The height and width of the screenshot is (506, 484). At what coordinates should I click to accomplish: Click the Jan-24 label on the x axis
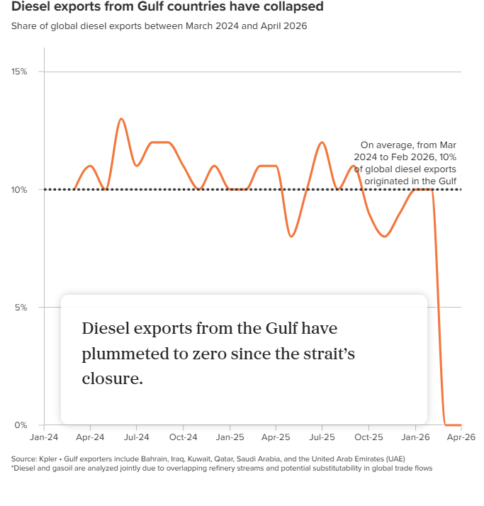[x=44, y=438]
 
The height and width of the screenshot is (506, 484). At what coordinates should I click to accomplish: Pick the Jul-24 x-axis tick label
[x=137, y=438]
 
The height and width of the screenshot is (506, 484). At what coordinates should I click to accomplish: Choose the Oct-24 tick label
[x=183, y=438]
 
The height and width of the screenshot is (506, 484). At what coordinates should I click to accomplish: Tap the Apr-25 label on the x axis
[x=276, y=438]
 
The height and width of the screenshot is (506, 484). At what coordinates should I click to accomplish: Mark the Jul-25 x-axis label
[x=322, y=438]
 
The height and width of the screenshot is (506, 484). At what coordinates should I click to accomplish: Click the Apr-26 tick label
[x=461, y=438]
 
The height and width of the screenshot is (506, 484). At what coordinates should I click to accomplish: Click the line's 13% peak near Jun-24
[x=121, y=119]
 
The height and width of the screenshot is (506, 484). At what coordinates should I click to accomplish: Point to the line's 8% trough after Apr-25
[x=291, y=236]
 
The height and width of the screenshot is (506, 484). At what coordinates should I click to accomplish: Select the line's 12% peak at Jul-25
[x=322, y=142]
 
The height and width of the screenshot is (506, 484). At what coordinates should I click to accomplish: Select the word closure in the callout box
[x=113, y=378]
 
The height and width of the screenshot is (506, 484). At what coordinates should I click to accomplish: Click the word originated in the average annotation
[x=385, y=181]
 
